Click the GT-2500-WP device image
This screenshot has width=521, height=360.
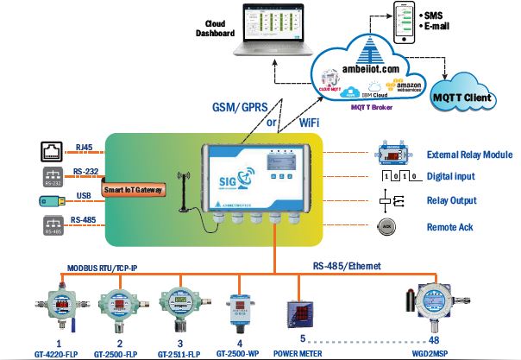pyautogui.click(x=240, y=303)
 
